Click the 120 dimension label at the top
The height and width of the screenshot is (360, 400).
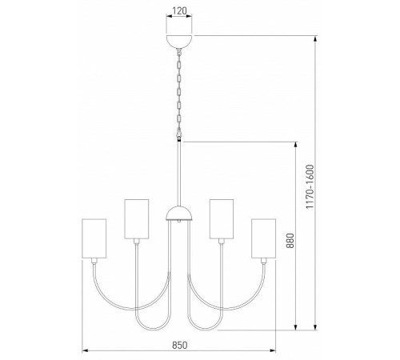coord(179,11)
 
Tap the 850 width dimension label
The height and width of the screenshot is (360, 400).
coord(179,345)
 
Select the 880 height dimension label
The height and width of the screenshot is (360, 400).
coord(290,241)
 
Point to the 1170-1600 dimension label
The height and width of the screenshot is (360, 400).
coord(310,186)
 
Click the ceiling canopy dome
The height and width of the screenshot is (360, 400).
coord(179,42)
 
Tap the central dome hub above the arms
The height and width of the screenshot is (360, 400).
coord(179,214)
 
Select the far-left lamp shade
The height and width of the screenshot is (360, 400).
coord(94,238)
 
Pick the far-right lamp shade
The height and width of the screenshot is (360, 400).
coord(263,238)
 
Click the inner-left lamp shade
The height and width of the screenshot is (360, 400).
coord(137,218)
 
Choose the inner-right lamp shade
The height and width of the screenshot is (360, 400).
coord(222,218)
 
